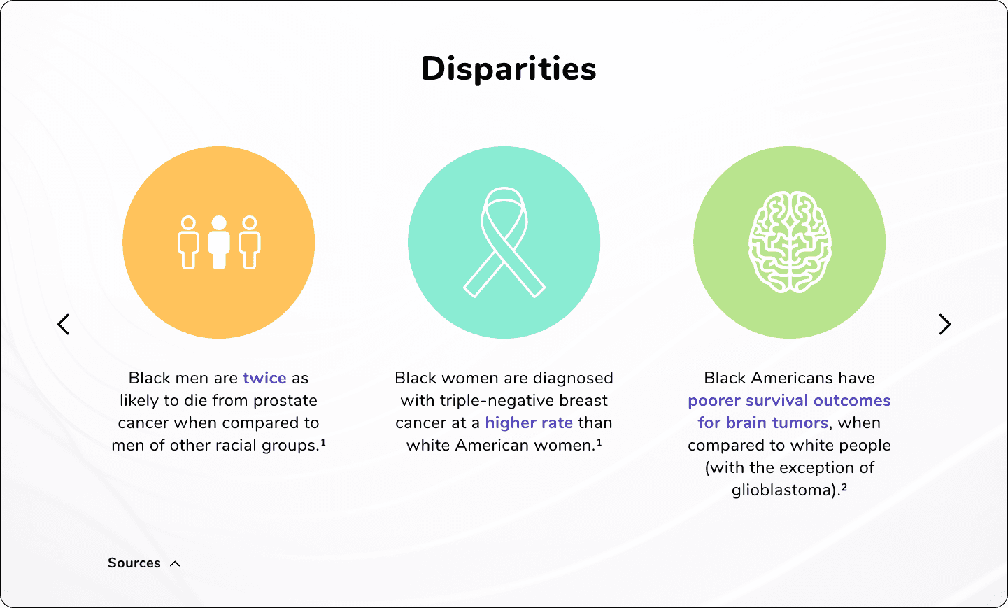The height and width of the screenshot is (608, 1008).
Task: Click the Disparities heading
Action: (x=509, y=69)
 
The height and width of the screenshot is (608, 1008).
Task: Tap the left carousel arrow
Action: (x=64, y=324)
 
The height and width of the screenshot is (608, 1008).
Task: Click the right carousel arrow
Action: (x=944, y=324)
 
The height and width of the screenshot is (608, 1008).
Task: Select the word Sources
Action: (x=134, y=563)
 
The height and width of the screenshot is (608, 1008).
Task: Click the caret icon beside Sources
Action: (x=175, y=563)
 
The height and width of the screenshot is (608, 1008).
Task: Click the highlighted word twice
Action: (x=264, y=378)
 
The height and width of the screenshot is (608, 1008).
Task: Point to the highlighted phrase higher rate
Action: (x=529, y=423)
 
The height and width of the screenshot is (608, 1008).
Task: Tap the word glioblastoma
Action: (x=783, y=490)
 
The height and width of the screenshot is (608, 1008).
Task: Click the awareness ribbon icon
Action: (x=504, y=242)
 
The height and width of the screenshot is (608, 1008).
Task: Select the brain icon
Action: (x=790, y=242)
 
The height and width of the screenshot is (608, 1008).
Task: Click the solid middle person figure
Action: (x=219, y=242)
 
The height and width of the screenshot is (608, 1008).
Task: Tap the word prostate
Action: (x=285, y=401)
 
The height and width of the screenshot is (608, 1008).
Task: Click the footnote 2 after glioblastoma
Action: (x=844, y=487)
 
